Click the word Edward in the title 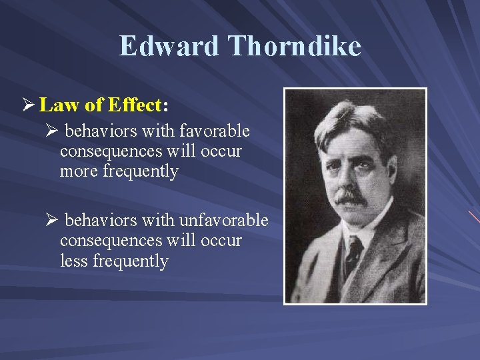pos(169,46)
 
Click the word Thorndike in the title pos(294,46)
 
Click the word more pos(79,171)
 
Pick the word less pos(74,261)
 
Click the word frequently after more pos(141,171)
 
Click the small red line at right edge pos(474,217)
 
